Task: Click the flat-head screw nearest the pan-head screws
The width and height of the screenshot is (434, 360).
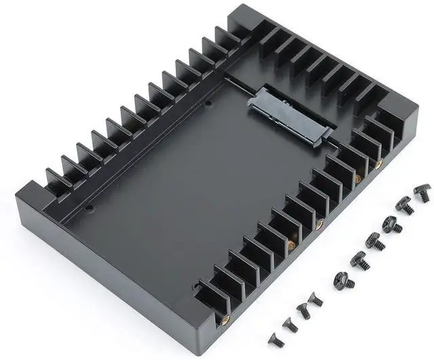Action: [315, 298]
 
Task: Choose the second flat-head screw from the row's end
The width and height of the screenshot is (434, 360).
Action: [290, 324]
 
